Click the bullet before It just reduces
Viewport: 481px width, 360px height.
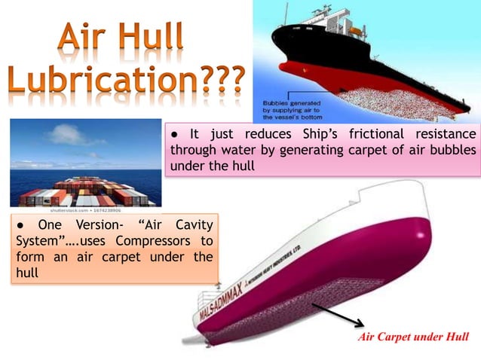coord(173,134)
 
